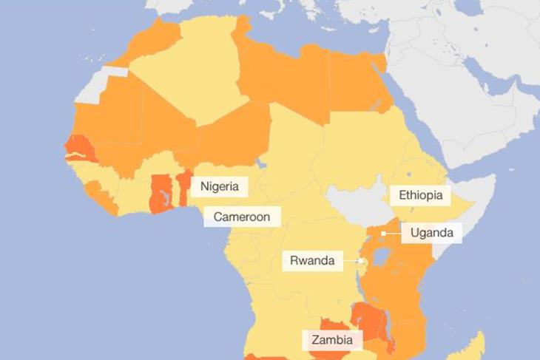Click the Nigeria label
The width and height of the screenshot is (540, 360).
click(x=219, y=186)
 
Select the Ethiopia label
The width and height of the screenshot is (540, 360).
click(x=419, y=195)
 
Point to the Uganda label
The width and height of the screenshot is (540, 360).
click(x=431, y=234)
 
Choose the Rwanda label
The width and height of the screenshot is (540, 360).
click(x=311, y=260)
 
